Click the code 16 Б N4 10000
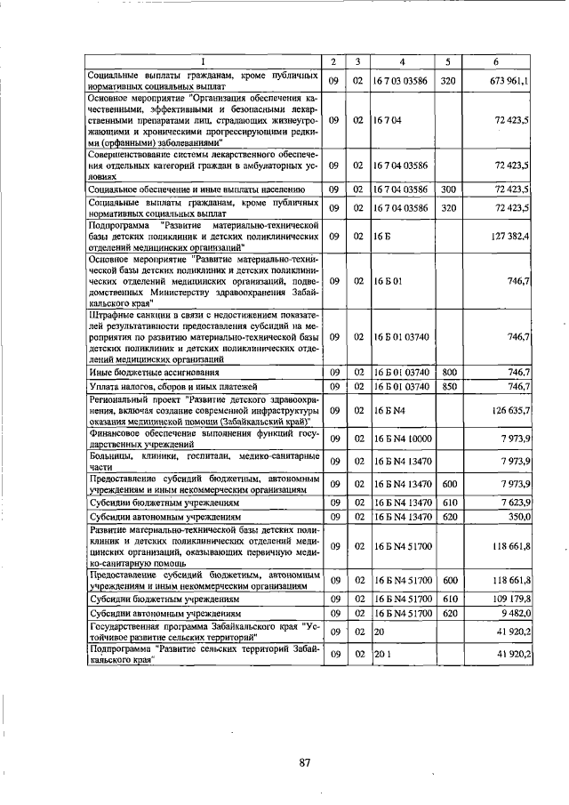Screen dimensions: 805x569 tap(403, 439)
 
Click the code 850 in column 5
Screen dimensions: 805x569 tap(449, 387)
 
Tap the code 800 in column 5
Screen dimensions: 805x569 tap(449, 372)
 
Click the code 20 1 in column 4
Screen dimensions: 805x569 tap(382, 655)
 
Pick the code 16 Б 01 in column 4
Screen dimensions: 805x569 tap(389, 280)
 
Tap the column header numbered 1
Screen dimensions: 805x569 tap(203, 61)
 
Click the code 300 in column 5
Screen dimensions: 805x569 tap(449, 189)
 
